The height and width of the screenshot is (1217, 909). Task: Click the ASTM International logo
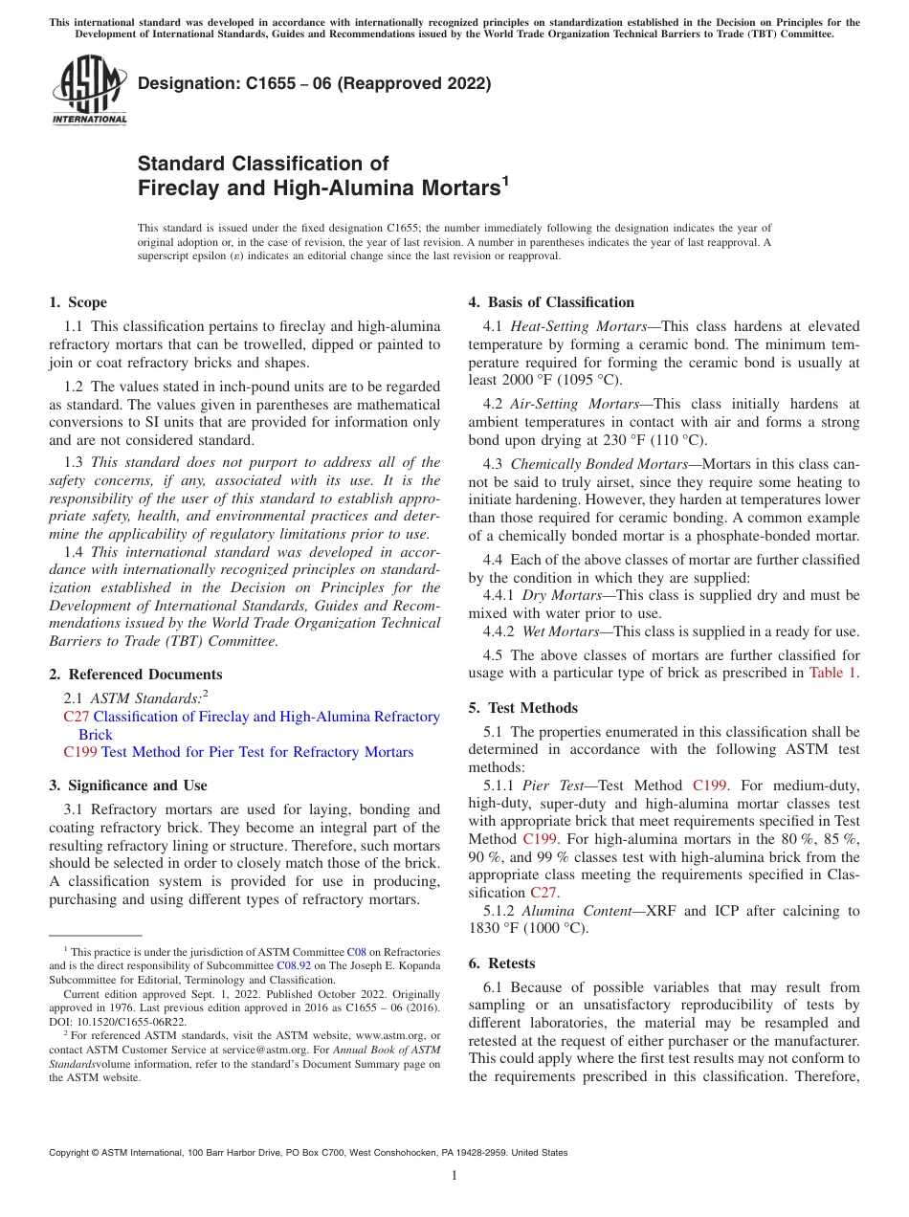coord(88,91)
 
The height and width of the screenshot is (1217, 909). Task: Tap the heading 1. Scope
coord(78,302)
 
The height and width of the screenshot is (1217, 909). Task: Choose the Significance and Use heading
coord(127,786)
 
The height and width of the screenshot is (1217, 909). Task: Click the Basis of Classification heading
coord(551,302)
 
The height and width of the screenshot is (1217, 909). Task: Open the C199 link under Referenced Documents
coord(79,752)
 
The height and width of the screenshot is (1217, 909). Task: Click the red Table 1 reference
coord(833,672)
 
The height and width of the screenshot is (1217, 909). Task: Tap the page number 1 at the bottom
coord(454,1176)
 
